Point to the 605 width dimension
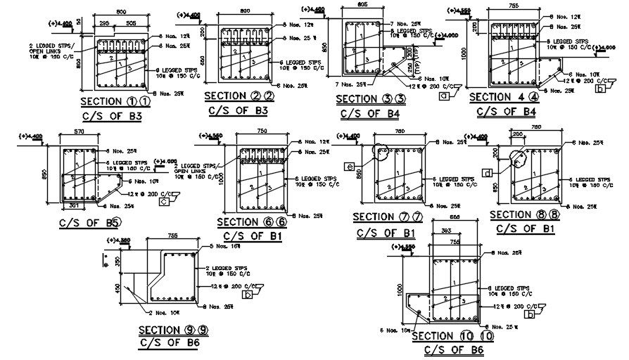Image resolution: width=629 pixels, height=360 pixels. click(362, 4)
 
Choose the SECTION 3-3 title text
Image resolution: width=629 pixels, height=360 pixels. click(371, 99)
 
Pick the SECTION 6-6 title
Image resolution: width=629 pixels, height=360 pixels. click(250, 222)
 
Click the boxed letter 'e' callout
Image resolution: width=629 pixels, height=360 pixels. click(350, 166)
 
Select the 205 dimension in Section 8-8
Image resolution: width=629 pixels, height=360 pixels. click(517, 134)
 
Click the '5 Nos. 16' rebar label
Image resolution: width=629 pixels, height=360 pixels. click(226, 246)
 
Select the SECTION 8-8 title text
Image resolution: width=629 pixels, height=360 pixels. click(524, 214)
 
